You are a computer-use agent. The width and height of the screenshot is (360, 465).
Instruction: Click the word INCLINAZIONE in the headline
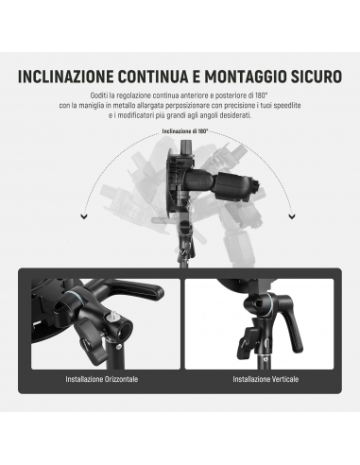click(x=66, y=77)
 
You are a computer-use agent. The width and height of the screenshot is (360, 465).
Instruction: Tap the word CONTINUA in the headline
click(x=155, y=77)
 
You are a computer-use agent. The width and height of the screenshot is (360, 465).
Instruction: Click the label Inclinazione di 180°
click(x=185, y=131)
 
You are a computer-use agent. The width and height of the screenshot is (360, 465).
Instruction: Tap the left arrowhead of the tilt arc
click(x=84, y=216)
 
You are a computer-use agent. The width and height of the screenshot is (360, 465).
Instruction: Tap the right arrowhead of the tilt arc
click(x=292, y=216)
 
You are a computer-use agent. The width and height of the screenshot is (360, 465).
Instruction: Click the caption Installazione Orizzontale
click(x=102, y=379)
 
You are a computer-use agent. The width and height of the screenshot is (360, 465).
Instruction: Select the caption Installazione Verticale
click(x=266, y=379)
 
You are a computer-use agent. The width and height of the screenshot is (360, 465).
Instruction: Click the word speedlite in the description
click(x=286, y=105)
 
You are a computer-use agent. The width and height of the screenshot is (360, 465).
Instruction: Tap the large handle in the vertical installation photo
click(x=292, y=329)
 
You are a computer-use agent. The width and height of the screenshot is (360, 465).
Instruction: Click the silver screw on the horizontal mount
click(x=112, y=322)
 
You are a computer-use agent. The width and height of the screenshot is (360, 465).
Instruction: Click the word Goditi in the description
click(x=98, y=95)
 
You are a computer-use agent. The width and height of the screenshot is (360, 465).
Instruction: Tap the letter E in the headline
click(x=198, y=77)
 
